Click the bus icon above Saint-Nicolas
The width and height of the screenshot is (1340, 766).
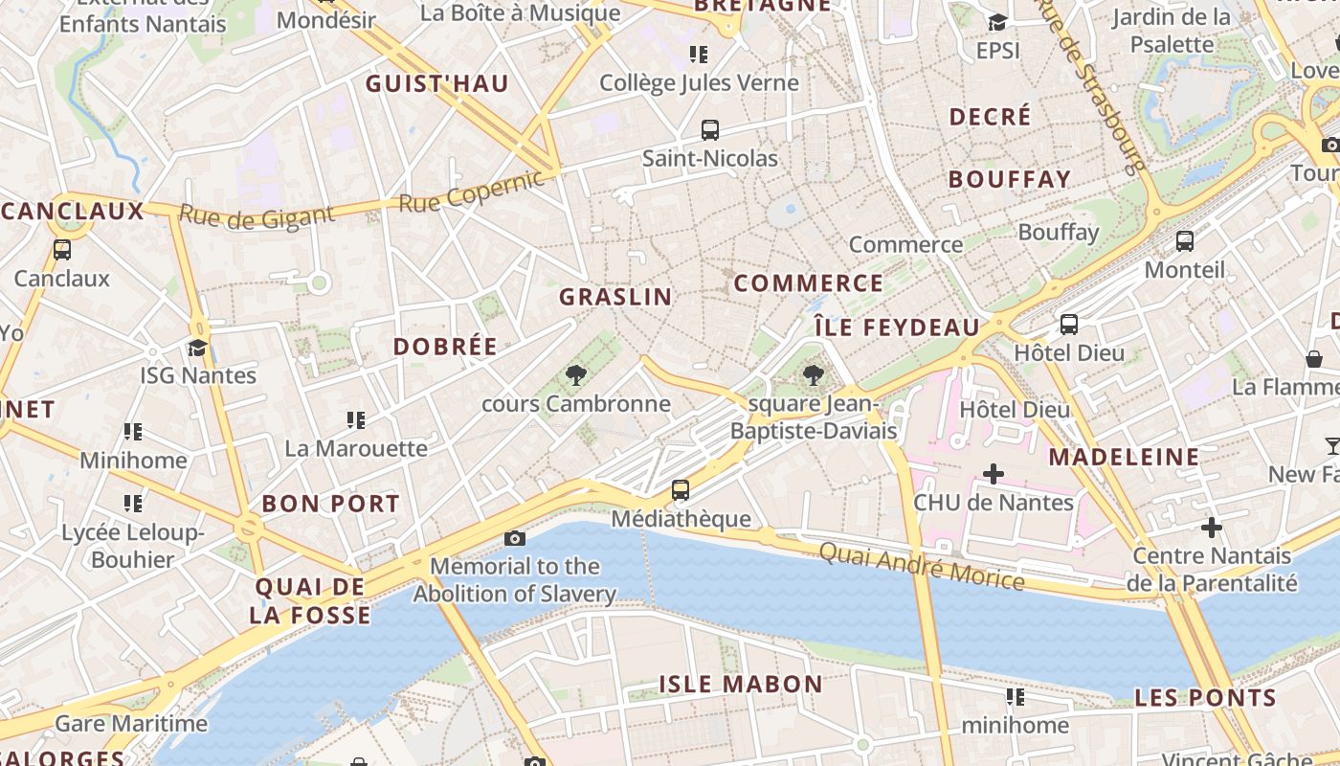point(709,130)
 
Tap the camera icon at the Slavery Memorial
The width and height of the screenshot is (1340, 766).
point(515,539)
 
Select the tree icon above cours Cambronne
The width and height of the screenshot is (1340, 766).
point(575,375)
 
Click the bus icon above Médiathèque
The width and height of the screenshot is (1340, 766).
point(680,490)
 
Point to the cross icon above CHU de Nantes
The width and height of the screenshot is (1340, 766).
point(994,473)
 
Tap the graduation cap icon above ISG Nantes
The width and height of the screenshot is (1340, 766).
point(198,348)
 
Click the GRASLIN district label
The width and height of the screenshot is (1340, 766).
point(615,297)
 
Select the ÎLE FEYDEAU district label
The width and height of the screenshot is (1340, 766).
point(897,327)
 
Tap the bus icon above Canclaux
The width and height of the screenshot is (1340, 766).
point(62,250)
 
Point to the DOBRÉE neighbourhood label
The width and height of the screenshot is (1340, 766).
point(445,347)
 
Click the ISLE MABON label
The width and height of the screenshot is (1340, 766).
point(740,684)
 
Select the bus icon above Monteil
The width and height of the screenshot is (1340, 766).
point(1184,241)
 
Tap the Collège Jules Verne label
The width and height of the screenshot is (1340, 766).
point(699,83)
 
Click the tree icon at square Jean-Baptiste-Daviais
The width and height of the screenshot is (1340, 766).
point(813,375)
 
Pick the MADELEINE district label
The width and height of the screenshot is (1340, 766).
point(1123,457)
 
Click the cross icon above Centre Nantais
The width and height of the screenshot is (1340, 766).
point(1212,527)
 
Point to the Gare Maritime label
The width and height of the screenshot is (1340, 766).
point(131,723)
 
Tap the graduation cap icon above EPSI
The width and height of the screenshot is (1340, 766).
point(997,22)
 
